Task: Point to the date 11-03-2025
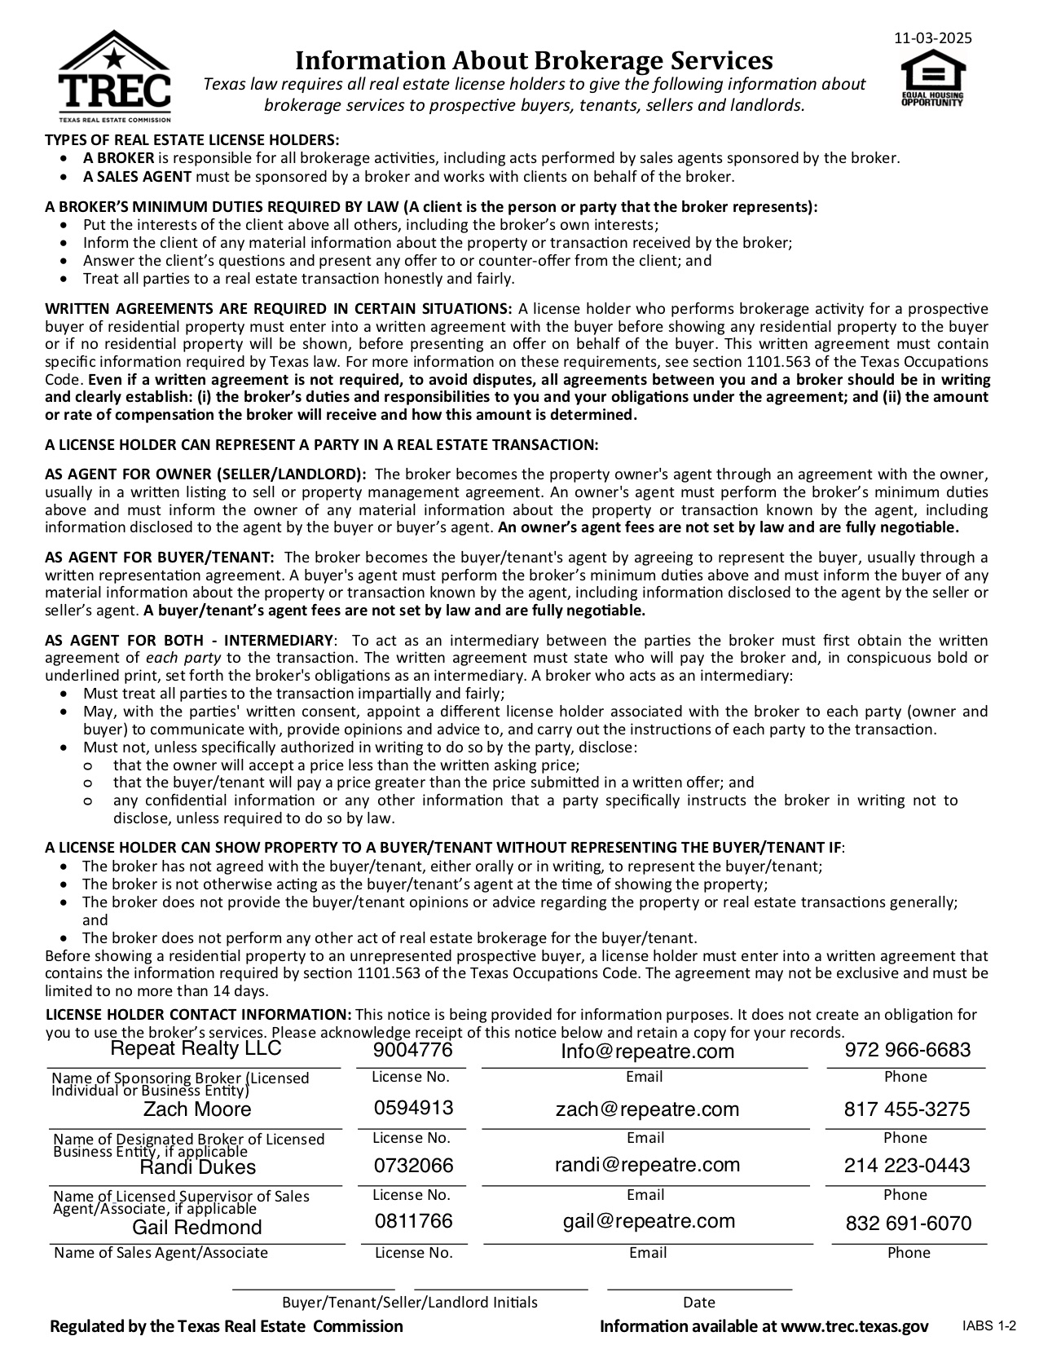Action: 932,38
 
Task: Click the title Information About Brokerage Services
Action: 533,60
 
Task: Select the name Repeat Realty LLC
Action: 196,1048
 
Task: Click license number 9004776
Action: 412,1050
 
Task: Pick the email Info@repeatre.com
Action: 647,1052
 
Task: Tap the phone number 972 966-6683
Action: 908,1050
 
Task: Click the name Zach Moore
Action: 197,1109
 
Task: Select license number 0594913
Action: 413,1108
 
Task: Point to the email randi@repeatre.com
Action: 647,1165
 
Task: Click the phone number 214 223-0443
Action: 907,1166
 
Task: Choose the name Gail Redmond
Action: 197,1228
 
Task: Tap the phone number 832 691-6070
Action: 909,1224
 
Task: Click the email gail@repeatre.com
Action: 649,1221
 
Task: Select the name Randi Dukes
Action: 197,1167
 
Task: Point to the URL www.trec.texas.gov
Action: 855,1326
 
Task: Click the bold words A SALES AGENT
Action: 137,176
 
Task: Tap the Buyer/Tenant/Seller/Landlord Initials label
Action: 410,1303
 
